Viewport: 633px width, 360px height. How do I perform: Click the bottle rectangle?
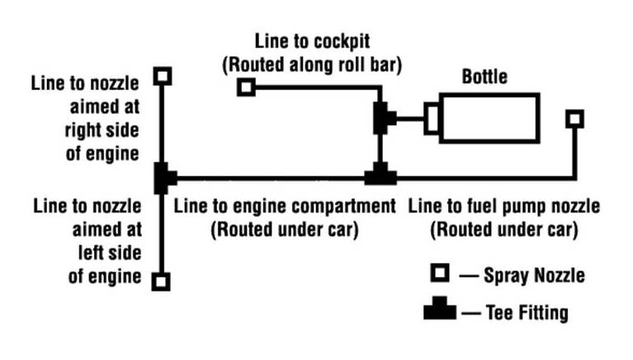(x=489, y=119)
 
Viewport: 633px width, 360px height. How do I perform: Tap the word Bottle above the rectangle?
(x=484, y=78)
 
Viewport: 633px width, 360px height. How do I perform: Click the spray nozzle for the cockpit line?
(x=245, y=86)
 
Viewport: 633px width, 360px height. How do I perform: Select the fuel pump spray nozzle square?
(x=574, y=119)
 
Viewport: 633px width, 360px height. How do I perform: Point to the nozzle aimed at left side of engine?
(x=163, y=282)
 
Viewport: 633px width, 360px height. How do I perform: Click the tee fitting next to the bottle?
(x=382, y=118)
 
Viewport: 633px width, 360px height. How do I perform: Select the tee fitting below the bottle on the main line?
(x=380, y=175)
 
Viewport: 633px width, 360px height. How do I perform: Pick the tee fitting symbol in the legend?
(x=439, y=311)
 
